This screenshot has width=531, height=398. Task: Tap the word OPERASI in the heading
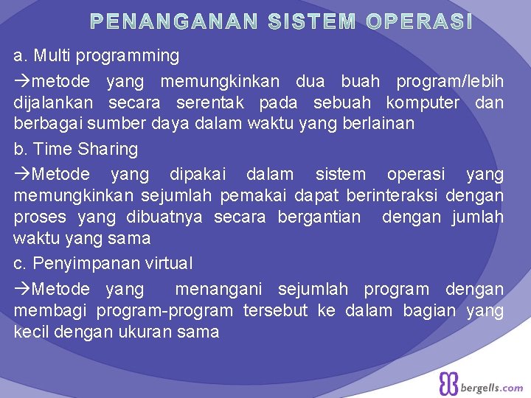(x=418, y=23)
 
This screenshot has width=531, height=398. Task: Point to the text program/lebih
(x=450, y=80)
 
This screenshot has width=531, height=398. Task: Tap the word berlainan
(x=378, y=123)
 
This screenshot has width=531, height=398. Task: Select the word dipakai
(x=197, y=174)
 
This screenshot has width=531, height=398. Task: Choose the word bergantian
(x=319, y=217)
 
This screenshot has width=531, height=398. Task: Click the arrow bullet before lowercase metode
(x=22, y=80)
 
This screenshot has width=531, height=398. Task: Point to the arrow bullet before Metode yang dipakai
(x=22, y=175)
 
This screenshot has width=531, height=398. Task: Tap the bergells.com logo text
(x=491, y=387)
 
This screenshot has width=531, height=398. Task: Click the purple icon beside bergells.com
(x=448, y=384)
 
